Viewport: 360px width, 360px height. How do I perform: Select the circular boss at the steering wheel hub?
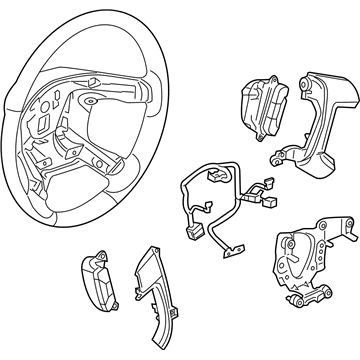point(92,103)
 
